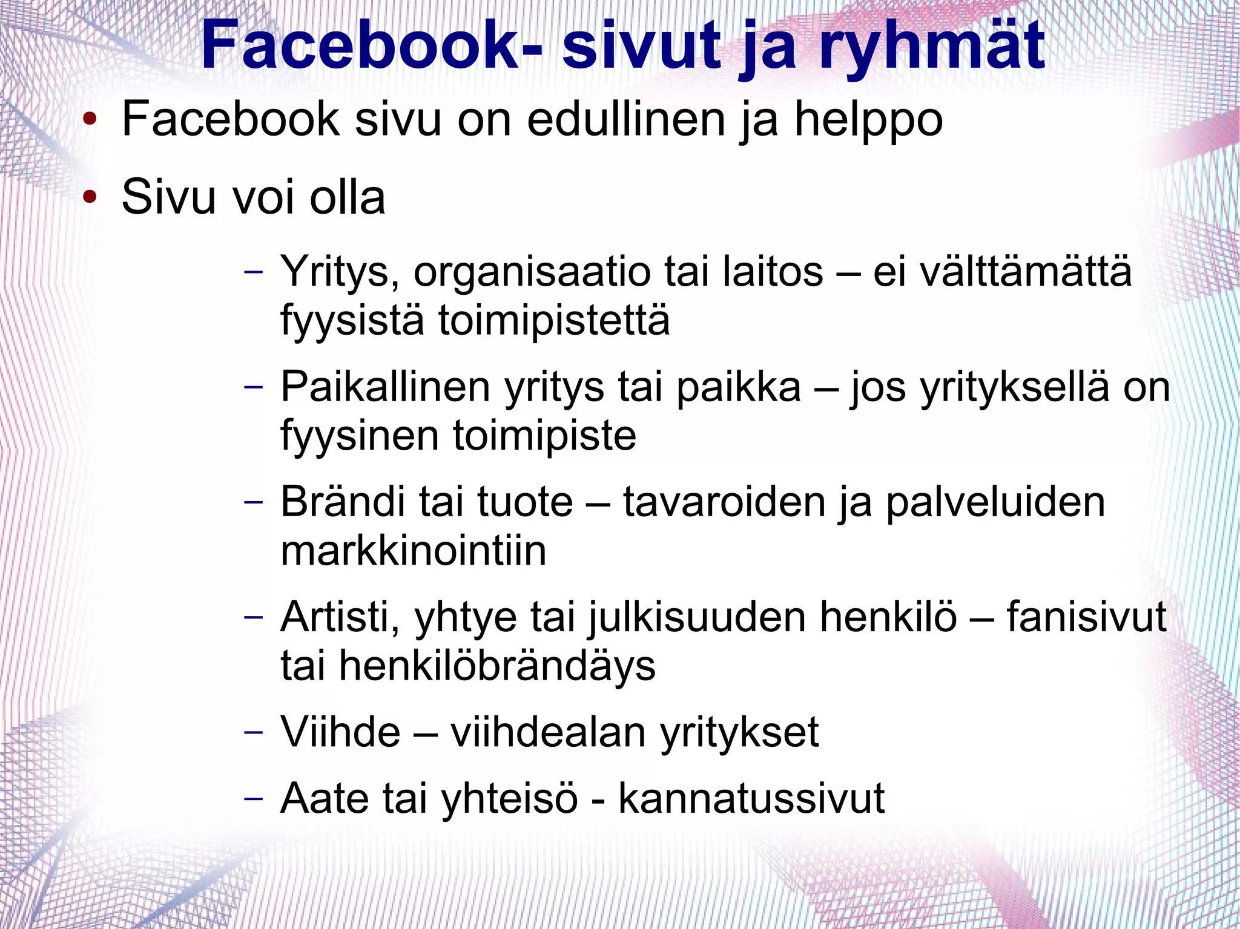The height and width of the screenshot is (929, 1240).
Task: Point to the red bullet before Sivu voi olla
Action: tap(90, 196)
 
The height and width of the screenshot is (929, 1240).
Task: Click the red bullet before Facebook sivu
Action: tap(90, 119)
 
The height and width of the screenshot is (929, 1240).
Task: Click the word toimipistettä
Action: tap(554, 321)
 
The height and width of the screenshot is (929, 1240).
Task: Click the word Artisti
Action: tap(340, 617)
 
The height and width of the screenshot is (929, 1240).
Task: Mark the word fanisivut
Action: tap(1086, 617)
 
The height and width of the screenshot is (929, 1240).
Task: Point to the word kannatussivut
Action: tap(751, 799)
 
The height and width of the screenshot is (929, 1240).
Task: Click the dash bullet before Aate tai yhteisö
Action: tap(254, 798)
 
